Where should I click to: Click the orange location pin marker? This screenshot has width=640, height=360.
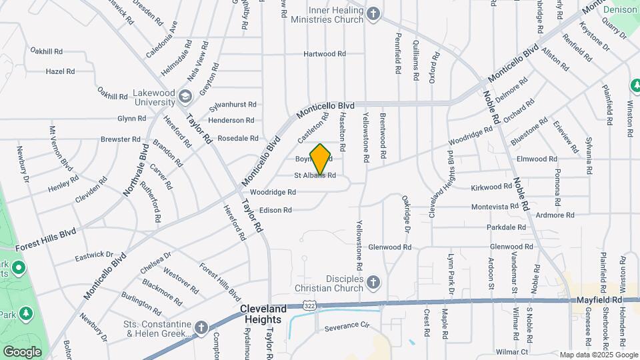[x=320, y=159]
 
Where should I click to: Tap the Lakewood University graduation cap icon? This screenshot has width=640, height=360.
[x=185, y=99]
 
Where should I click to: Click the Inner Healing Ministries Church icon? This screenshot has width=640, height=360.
[x=373, y=13]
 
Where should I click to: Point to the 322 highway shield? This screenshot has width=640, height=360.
[x=309, y=304]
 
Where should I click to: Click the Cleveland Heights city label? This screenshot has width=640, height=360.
[x=263, y=314]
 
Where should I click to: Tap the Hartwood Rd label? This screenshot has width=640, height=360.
[x=325, y=53]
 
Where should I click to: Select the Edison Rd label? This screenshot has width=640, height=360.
[x=275, y=210]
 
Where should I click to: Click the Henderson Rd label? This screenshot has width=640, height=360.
[x=231, y=120]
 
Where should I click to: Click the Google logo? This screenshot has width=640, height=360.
[x=22, y=351]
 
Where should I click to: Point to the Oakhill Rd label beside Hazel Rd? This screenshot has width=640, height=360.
[x=46, y=51]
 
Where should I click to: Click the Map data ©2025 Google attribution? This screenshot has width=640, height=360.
[x=598, y=355]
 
